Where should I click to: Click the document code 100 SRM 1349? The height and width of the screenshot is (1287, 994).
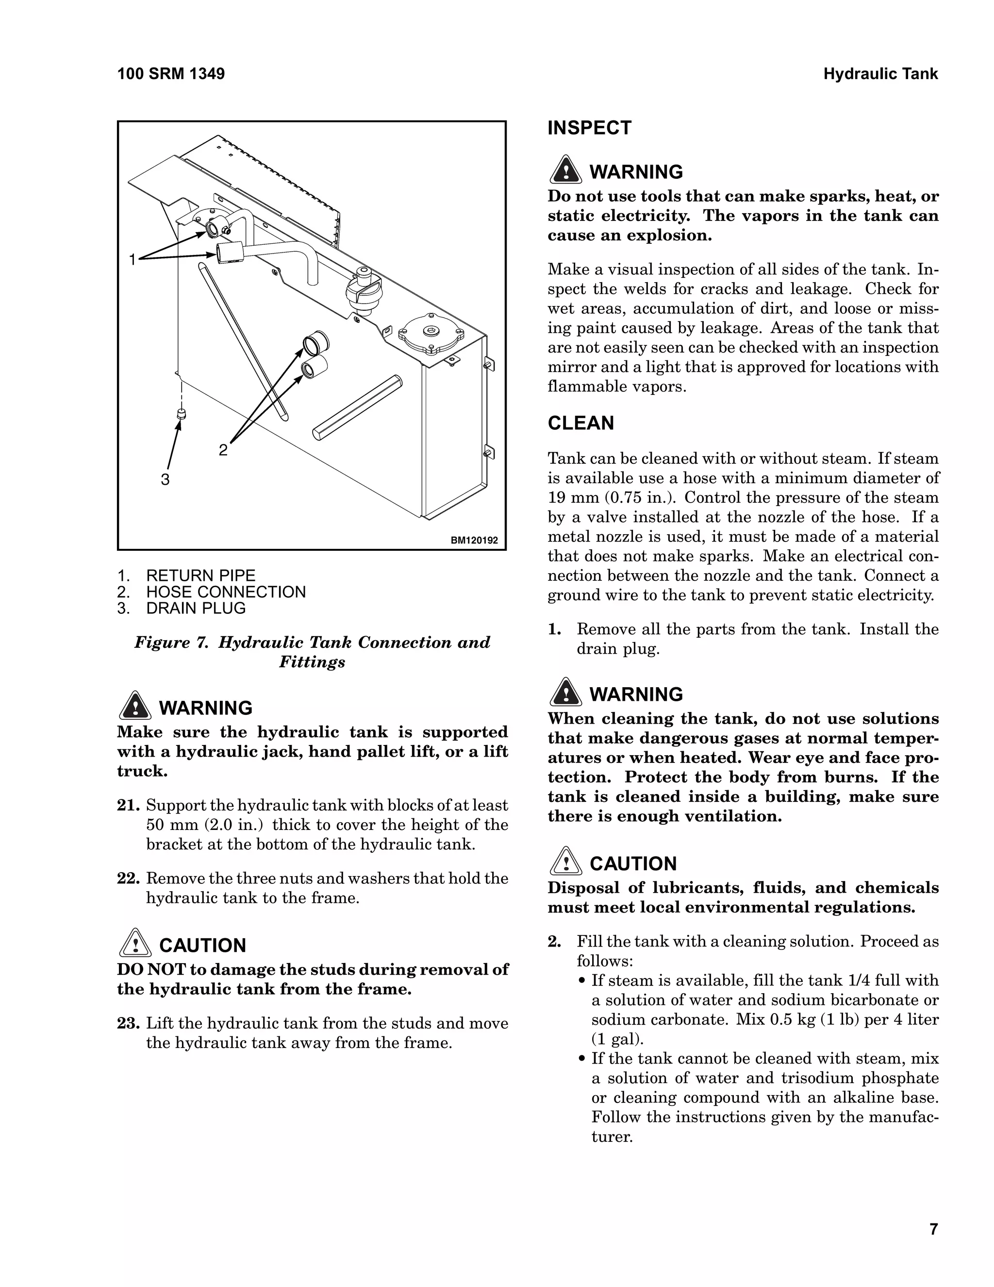pos(171,74)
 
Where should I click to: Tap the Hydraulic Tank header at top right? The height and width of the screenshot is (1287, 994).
pos(880,74)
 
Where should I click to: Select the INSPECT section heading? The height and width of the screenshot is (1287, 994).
pos(589,128)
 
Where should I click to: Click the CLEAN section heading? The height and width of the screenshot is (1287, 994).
pos(580,423)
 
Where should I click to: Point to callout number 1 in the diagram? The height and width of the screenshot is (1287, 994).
pos(133,259)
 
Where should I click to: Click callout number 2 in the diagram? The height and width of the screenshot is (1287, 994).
pos(223,450)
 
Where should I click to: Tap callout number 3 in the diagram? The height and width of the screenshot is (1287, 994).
pos(165,480)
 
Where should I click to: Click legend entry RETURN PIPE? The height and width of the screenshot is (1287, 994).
pos(200,576)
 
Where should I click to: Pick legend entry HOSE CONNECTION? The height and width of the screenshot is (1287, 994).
pos(226,592)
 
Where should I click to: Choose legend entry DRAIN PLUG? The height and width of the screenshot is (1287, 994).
pos(196,608)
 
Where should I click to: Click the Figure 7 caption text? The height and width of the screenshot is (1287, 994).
pos(312,652)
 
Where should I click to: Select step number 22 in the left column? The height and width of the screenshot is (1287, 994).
pos(128,879)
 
